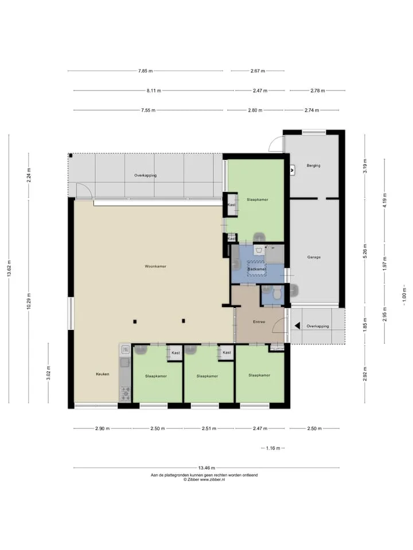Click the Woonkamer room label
point(155,266)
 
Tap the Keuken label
point(103,374)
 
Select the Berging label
point(313,166)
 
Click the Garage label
point(314,257)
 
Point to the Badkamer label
point(257,269)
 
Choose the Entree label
point(259,321)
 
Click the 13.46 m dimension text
point(206,467)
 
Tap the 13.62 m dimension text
point(9,268)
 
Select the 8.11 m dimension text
point(154,91)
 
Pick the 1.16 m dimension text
point(273,448)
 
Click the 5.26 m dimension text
point(365,251)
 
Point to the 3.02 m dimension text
point(48,373)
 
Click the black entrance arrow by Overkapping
point(297,326)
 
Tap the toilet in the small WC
point(278,293)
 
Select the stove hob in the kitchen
point(126,394)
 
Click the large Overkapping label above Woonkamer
point(145,175)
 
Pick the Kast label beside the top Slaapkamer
point(231,205)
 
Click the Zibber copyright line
point(204,480)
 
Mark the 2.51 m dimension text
point(209,429)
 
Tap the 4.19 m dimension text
point(384,201)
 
